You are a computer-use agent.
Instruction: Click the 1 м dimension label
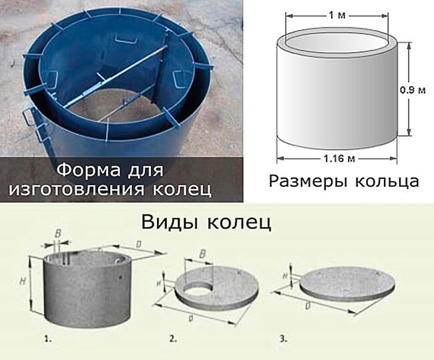pyautogui.click(x=337, y=15)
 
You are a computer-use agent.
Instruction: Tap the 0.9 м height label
pyautogui.click(x=413, y=90)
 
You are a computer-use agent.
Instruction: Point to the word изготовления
pyautogui.click(x=77, y=189)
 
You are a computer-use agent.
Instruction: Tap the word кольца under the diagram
pyautogui.click(x=387, y=182)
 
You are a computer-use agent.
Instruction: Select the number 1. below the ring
pyautogui.click(x=48, y=339)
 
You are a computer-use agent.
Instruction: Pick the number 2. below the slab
pyautogui.click(x=173, y=339)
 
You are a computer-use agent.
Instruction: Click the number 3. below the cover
pyautogui.click(x=283, y=339)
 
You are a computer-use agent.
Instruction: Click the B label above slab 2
pyautogui.click(x=202, y=254)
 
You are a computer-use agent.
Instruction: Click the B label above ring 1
pyautogui.click(x=58, y=234)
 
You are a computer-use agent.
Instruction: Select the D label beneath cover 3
pyautogui.click(x=307, y=307)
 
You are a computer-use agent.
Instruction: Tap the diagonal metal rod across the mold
pyautogui.click(x=116, y=75)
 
